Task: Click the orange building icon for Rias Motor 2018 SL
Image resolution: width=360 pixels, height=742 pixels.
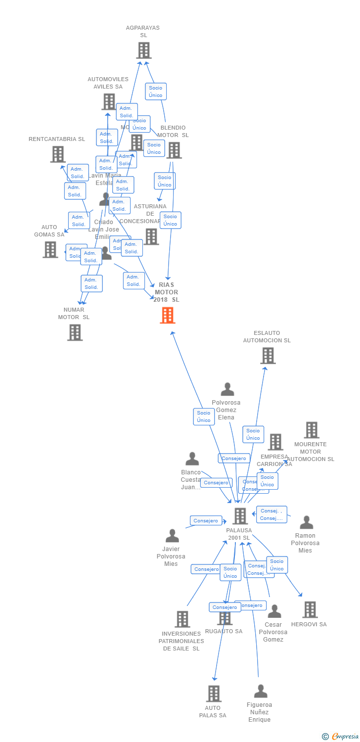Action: (168, 315)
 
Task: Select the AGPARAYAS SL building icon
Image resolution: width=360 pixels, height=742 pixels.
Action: (143, 50)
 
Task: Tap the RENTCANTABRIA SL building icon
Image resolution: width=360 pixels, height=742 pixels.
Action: (58, 154)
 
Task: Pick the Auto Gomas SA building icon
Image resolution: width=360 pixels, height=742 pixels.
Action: (50, 249)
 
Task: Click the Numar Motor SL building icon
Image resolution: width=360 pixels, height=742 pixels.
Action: (75, 332)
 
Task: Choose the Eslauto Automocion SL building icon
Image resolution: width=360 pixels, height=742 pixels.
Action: (268, 356)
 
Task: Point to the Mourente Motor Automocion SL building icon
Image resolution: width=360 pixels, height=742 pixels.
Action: (311, 430)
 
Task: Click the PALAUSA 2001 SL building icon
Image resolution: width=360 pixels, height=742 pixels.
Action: (240, 516)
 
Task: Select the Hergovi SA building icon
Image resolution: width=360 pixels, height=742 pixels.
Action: (310, 609)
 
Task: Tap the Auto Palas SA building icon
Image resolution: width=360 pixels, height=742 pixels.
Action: (213, 694)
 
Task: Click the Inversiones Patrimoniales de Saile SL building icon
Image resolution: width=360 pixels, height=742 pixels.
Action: (182, 619)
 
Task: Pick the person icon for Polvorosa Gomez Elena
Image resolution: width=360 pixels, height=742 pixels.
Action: (227, 389)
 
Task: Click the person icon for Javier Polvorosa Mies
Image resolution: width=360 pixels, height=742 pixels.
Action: (172, 536)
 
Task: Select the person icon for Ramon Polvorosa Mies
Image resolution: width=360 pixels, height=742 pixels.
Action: (306, 522)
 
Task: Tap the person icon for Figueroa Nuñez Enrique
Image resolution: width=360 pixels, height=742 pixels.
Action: (260, 691)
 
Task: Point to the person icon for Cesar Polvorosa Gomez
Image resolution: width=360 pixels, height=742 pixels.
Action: (274, 611)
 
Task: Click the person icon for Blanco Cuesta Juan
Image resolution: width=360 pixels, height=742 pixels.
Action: (192, 459)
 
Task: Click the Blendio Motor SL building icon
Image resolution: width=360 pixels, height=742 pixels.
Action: (174, 150)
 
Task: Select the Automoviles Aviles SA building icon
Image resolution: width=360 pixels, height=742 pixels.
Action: (108, 101)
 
